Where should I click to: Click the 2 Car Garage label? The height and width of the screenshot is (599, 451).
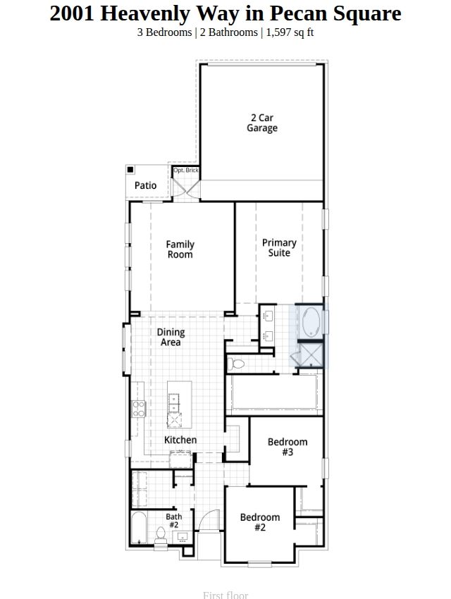(x=262, y=123)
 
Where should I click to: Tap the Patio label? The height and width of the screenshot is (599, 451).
(x=145, y=185)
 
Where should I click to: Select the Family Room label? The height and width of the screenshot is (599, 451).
(x=180, y=249)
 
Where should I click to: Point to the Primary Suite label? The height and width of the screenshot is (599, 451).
(x=279, y=247)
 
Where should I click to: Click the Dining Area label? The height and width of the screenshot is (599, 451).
(x=171, y=337)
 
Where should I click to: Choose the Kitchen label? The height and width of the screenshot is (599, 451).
(x=180, y=440)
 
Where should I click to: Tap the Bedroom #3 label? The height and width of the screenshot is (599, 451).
(x=288, y=447)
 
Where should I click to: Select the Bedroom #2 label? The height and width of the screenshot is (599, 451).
(x=260, y=522)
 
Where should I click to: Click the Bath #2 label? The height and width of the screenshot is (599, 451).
(x=174, y=520)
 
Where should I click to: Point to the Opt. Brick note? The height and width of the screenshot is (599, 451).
(x=186, y=170)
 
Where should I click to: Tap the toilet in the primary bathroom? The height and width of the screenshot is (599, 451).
(x=236, y=364)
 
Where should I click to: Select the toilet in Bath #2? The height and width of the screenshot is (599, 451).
(x=161, y=536)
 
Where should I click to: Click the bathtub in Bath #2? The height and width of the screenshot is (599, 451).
(x=139, y=528)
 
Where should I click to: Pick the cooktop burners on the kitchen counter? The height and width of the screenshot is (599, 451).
(x=139, y=408)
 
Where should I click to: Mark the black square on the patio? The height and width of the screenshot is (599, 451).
(x=130, y=169)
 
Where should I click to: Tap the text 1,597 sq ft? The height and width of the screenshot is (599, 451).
(x=290, y=32)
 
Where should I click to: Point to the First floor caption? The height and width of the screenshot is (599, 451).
(x=225, y=595)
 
